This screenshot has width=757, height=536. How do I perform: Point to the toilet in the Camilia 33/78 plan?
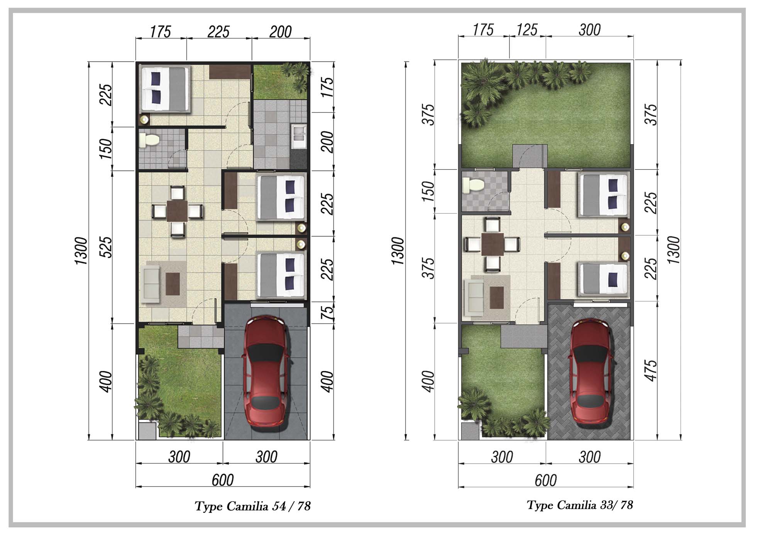474,185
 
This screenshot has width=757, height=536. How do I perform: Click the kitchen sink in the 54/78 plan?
299,136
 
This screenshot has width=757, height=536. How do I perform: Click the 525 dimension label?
105,247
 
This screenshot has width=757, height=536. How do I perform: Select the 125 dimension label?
527,30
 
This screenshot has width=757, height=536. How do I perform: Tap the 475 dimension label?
650,370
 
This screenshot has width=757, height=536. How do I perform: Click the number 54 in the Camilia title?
279,506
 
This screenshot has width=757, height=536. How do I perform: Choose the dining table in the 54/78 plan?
177,211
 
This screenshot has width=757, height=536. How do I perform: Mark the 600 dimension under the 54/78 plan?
222,480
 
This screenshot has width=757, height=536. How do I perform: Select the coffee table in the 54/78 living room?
173,284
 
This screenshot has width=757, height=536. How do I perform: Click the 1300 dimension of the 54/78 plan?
81,251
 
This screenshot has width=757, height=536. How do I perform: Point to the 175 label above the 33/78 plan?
483,30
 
